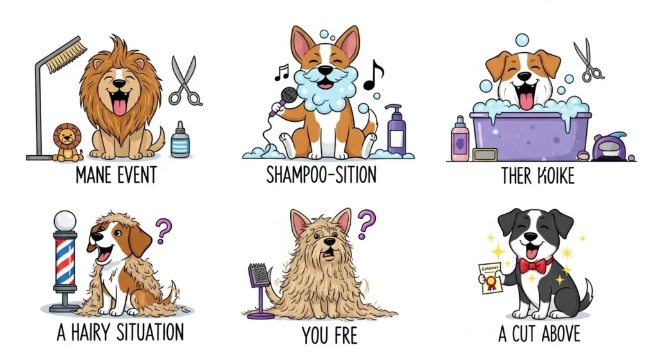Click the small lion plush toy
(x=67, y=143)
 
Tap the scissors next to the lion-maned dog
(x=184, y=81)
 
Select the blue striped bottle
(x=181, y=140)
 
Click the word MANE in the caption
(x=93, y=176)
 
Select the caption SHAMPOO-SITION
(x=321, y=176)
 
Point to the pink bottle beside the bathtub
(x=459, y=138)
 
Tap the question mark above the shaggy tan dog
(x=366, y=223)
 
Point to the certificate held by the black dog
(x=490, y=278)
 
